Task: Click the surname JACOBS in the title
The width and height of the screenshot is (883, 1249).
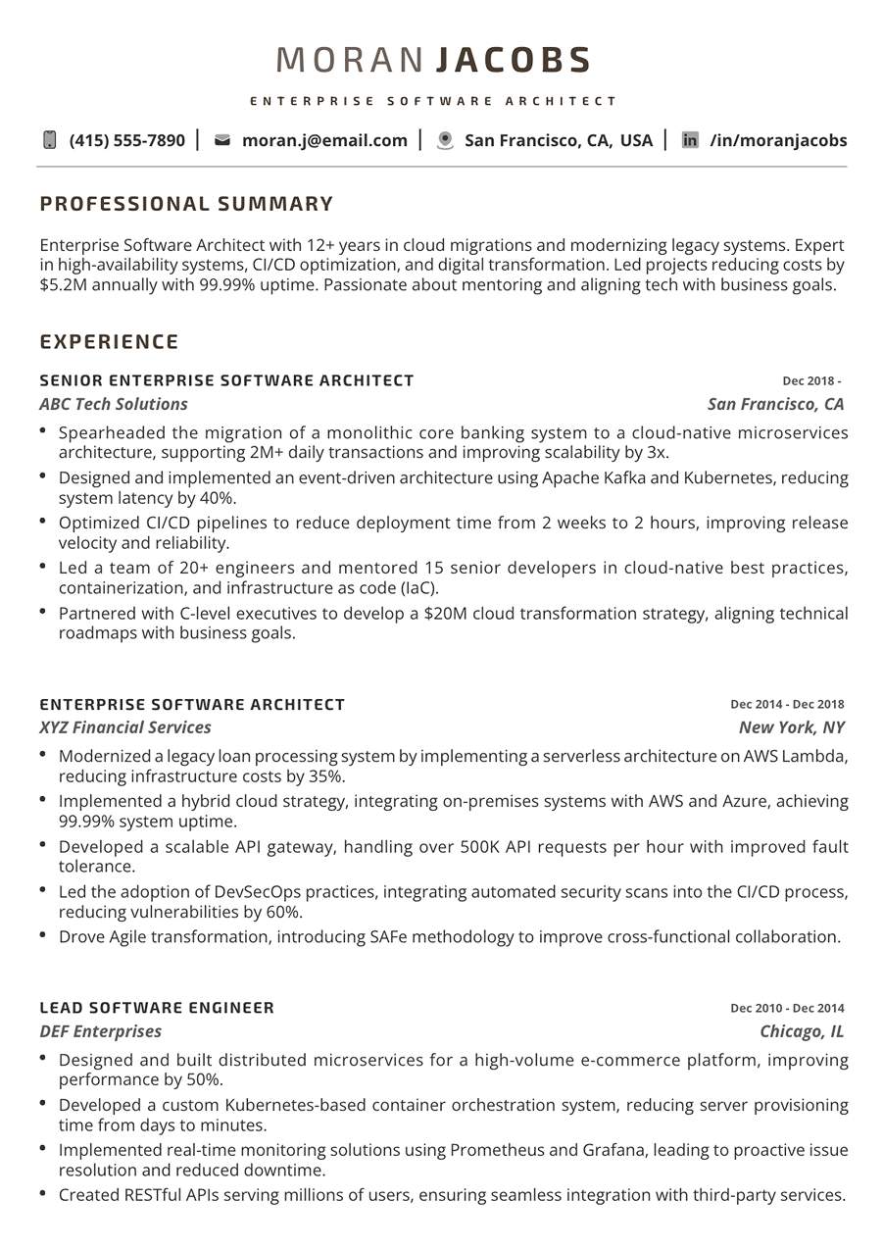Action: coord(514,60)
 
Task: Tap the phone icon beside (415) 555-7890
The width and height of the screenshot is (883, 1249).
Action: coord(50,140)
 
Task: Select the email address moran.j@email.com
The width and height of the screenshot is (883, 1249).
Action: coord(324,140)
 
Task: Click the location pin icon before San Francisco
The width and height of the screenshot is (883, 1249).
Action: coord(445,140)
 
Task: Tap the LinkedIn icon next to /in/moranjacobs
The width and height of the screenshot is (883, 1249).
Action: coord(690,140)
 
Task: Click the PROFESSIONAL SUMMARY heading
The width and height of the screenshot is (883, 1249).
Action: coord(186,204)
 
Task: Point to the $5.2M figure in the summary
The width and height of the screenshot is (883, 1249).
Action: coord(61,285)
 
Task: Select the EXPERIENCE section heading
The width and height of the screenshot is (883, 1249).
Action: coord(109,341)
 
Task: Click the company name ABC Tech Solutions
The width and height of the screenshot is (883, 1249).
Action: coord(114,404)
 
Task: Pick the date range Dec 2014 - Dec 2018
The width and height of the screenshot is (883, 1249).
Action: coord(787,704)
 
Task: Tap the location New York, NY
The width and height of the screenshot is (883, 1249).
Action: coord(791,727)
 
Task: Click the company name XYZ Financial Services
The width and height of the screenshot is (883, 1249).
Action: coord(125,727)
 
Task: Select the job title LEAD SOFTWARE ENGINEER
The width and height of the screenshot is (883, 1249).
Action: coord(157,1008)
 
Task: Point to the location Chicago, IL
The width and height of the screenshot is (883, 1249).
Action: coord(802,1031)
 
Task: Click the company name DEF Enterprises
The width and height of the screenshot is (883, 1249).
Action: coord(101,1031)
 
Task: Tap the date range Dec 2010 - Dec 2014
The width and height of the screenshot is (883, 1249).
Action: coord(787,1008)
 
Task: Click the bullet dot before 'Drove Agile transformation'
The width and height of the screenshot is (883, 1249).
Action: coord(43,935)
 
